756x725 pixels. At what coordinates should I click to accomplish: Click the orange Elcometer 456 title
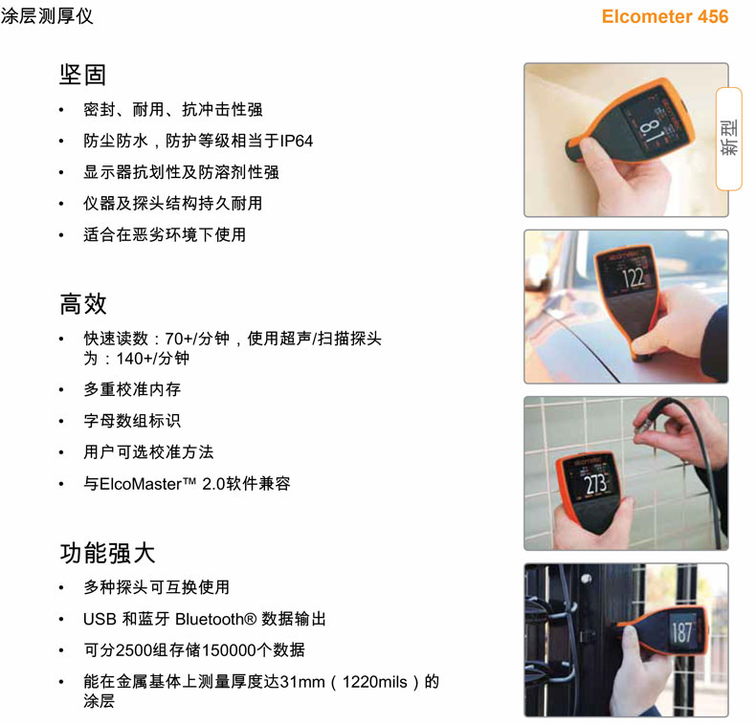pyautogui.click(x=665, y=16)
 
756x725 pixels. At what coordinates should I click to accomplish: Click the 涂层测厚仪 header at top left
pyautogui.click(x=47, y=16)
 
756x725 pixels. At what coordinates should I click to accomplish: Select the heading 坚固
pyautogui.click(x=82, y=75)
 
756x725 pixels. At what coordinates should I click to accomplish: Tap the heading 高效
pyautogui.click(x=83, y=304)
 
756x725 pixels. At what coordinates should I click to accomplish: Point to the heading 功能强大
pyautogui.click(x=107, y=553)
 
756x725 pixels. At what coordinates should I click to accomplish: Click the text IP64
pyautogui.click(x=296, y=141)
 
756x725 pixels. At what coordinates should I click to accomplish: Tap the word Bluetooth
pyautogui.click(x=210, y=619)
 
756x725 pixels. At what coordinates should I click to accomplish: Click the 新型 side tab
pyautogui.click(x=728, y=139)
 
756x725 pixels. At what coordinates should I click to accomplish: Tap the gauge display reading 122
pyautogui.click(x=634, y=277)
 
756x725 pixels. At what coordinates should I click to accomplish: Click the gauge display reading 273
pyautogui.click(x=595, y=484)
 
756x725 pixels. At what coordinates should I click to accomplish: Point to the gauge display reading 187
pyautogui.click(x=681, y=632)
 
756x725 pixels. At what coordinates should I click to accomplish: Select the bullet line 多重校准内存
pyautogui.click(x=132, y=389)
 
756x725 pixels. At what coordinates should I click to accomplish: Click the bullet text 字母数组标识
pyautogui.click(x=132, y=421)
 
